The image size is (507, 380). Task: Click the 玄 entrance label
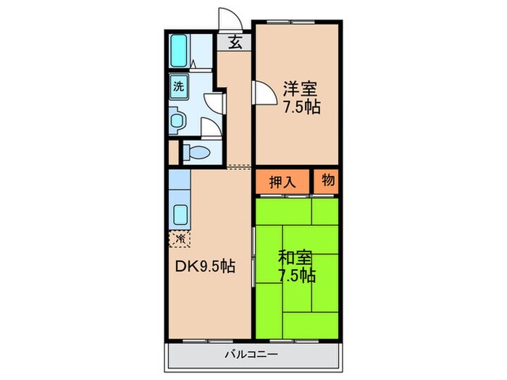(236, 41)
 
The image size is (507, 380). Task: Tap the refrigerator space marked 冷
(177, 238)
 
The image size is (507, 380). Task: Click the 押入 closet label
(282, 182)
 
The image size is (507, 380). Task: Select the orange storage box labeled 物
(327, 182)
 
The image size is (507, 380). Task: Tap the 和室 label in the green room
(296, 257)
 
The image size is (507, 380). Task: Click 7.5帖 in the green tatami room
(296, 276)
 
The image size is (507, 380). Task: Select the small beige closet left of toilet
(172, 153)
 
